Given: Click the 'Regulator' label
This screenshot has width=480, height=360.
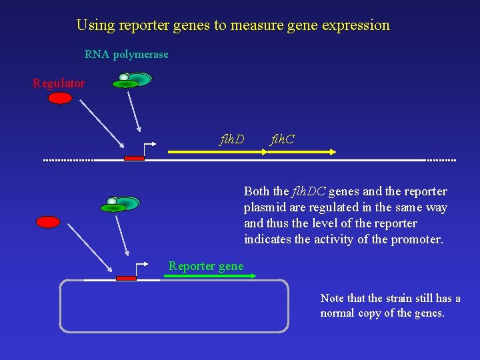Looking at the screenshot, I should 59,83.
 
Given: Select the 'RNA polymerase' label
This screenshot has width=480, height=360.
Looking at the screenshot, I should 126,55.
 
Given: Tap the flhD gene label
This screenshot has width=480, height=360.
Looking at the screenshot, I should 232,139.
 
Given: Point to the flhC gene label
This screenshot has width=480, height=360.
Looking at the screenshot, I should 282,139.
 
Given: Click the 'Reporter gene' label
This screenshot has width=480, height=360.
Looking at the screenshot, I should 206,266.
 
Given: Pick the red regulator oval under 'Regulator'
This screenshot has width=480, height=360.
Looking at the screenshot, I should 60,98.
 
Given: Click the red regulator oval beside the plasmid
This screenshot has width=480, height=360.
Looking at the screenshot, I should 48,222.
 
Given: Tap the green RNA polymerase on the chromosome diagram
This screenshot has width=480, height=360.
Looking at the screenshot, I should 133,80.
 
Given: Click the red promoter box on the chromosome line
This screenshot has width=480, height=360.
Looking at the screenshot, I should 134,158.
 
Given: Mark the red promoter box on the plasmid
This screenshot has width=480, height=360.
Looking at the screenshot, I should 125,278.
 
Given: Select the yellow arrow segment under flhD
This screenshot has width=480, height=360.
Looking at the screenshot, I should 217,152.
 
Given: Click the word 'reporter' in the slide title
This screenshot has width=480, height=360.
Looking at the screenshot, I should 151,25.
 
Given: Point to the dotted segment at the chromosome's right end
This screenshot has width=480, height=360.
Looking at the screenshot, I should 441,160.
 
